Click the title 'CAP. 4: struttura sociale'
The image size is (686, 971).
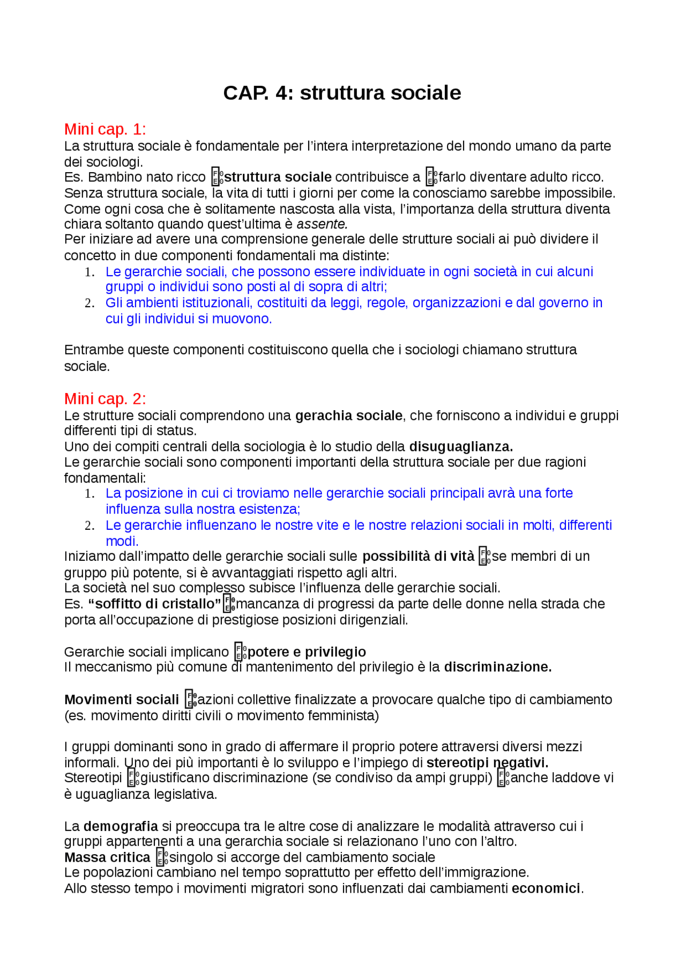pos(342,93)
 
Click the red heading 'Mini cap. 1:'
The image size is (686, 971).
pos(105,129)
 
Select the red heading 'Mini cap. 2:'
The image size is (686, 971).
pos(105,398)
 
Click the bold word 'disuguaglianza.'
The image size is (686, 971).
pos(461,447)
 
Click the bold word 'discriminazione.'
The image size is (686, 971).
pos(498,667)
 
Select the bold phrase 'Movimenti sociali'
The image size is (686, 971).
pos(122,700)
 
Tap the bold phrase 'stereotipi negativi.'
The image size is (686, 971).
pos(487,762)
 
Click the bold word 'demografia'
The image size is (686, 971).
pos(121,826)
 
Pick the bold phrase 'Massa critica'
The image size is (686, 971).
pos(107,857)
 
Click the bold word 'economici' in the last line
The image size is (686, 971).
pos(546,888)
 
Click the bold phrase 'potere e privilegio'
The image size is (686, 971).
pos(307,652)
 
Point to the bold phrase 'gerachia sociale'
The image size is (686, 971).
pos(348,416)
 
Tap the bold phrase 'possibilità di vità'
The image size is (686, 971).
pos(418,557)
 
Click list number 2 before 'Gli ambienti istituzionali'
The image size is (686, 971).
pos(90,303)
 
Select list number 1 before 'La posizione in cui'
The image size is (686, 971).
pos(90,494)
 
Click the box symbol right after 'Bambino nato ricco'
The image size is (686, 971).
pos(217,177)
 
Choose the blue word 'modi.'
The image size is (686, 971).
pos(122,541)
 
